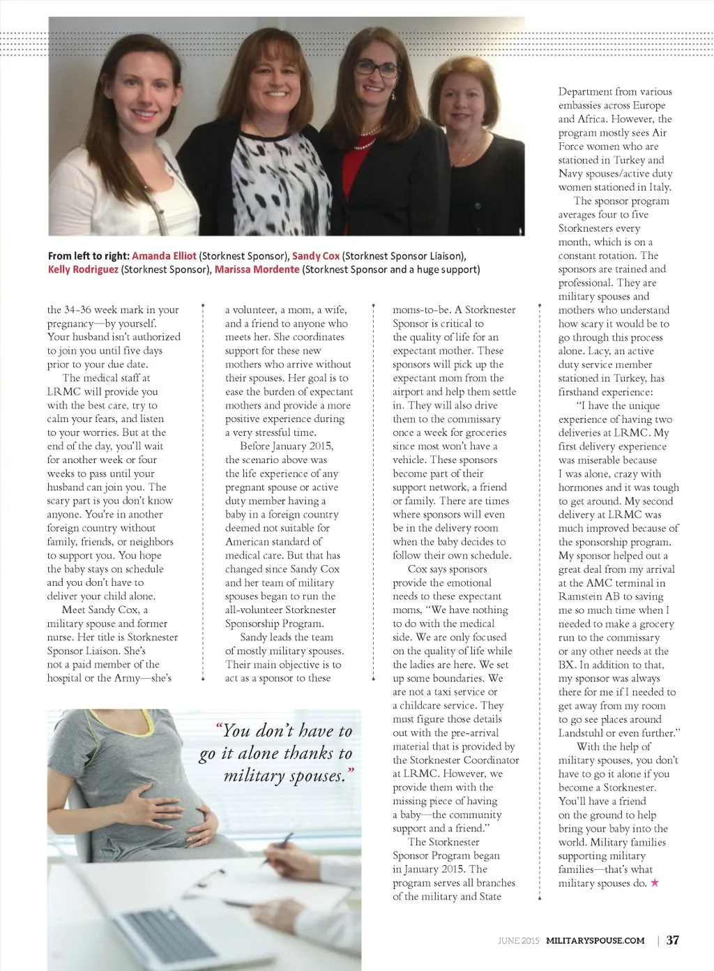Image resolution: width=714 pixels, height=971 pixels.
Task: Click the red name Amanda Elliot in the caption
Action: [164, 256]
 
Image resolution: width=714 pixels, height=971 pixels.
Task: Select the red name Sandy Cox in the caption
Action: [315, 256]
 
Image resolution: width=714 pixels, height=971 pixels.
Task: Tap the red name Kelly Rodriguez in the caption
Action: [83, 269]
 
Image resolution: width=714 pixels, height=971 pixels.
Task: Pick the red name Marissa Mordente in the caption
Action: [257, 269]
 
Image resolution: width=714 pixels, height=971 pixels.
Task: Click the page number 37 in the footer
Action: [672, 940]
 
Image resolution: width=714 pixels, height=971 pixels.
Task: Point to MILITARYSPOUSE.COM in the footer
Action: [595, 940]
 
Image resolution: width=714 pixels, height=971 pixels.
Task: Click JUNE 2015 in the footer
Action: [518, 940]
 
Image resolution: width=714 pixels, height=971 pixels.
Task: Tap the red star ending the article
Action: [654, 883]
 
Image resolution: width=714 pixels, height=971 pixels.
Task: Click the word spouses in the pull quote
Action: [314, 776]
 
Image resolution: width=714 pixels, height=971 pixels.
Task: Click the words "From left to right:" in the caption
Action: [89, 256]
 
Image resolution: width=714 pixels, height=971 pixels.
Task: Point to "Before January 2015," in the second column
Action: [287, 446]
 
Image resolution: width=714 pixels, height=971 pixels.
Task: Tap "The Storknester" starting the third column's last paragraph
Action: [443, 842]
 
